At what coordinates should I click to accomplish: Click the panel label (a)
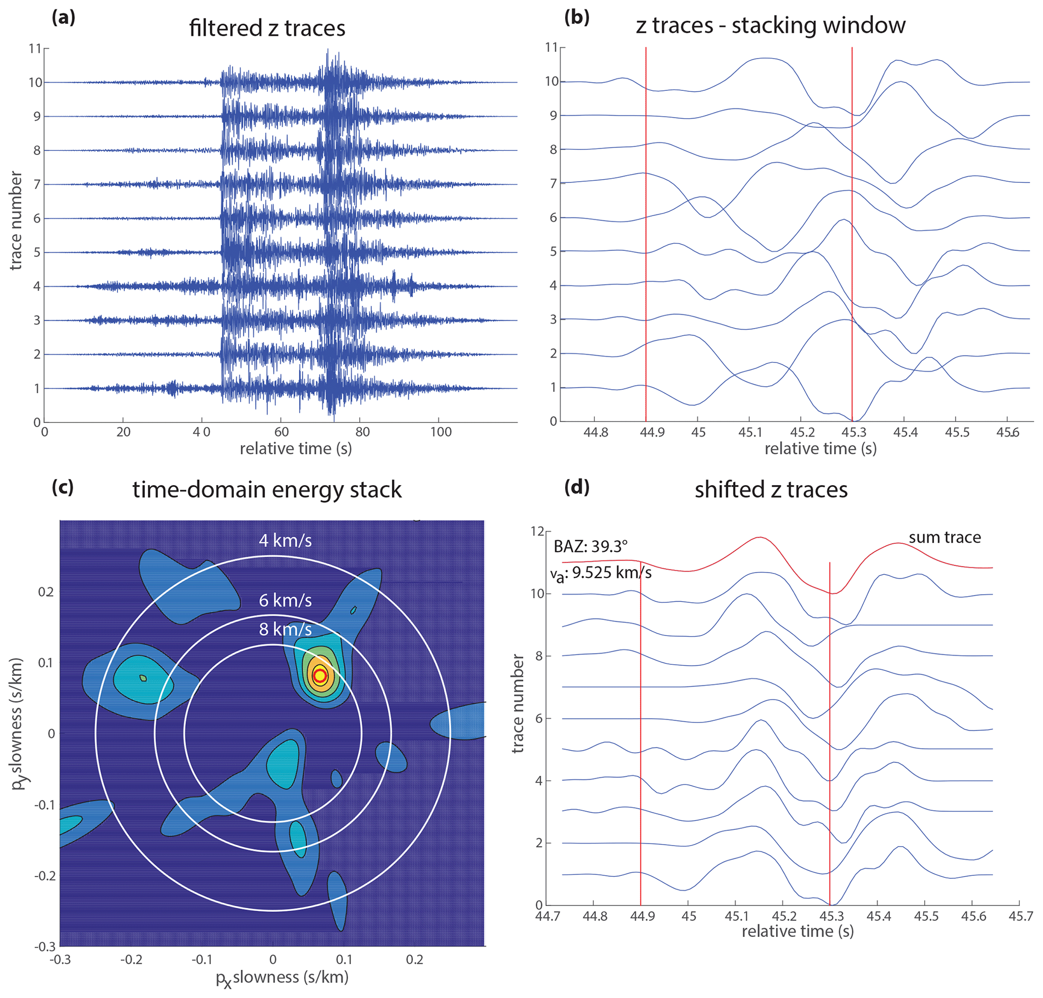(x=63, y=18)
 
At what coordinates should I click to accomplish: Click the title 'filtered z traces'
(x=267, y=28)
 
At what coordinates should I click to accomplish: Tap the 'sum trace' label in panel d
(x=944, y=537)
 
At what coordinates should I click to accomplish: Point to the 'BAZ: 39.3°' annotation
(x=590, y=546)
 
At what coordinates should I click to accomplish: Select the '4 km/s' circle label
(x=285, y=541)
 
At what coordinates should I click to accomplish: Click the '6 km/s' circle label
(x=285, y=601)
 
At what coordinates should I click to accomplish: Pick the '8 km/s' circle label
(x=285, y=630)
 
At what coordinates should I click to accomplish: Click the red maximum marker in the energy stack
(x=319, y=675)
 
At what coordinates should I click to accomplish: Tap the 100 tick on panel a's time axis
(x=441, y=432)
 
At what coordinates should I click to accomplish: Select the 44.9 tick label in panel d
(x=641, y=916)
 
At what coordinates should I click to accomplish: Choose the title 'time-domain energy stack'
(x=267, y=490)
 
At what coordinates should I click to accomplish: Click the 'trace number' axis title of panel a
(x=16, y=220)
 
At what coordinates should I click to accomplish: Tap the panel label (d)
(x=577, y=487)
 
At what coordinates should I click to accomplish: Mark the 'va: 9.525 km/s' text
(x=601, y=573)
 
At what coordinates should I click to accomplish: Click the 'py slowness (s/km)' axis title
(x=18, y=723)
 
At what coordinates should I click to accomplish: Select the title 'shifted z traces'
(x=771, y=490)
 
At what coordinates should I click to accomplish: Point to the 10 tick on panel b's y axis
(x=552, y=81)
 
